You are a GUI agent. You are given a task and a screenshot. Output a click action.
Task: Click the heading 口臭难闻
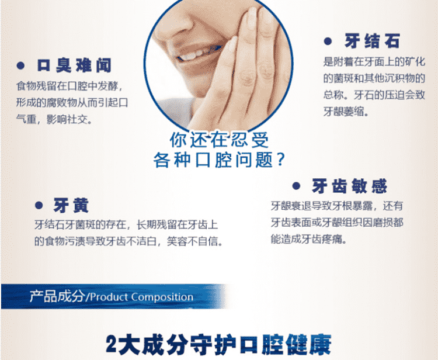pos(74,66)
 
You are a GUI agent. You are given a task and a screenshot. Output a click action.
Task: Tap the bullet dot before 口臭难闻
pos(20,66)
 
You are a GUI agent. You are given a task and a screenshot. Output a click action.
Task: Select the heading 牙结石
pos(372,41)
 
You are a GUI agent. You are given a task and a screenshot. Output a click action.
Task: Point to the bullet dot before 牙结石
pos(328,41)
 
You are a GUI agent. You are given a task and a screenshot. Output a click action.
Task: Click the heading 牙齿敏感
pos(349,186)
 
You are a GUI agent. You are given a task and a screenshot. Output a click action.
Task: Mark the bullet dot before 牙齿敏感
pos(296,186)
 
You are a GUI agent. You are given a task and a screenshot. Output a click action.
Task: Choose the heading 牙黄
pos(71,206)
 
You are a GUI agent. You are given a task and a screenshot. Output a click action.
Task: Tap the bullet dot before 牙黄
pos(39,206)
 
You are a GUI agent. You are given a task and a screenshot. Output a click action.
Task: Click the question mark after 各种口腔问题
pos(280,160)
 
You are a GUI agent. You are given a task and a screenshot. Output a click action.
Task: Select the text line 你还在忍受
pos(219,140)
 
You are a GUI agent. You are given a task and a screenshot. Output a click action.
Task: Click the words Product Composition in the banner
pos(141,297)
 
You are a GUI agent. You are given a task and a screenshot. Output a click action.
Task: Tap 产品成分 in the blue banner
pos(57,296)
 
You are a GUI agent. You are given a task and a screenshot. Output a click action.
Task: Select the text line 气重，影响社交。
pos(54,119)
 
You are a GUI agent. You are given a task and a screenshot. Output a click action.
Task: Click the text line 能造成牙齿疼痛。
pos(308,239)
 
